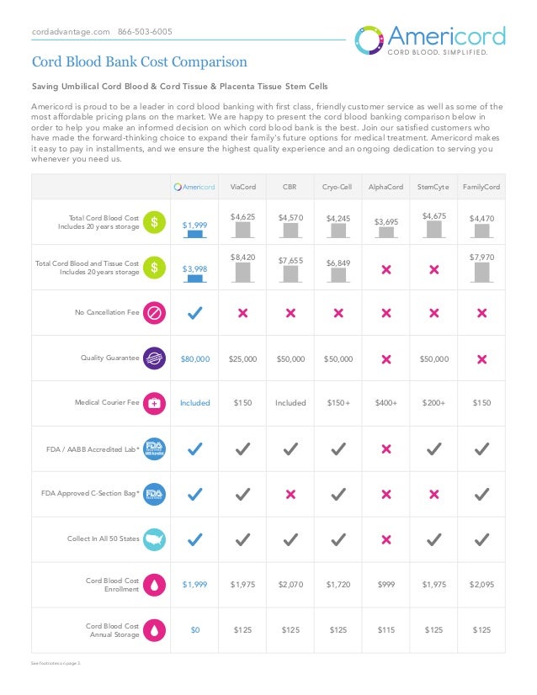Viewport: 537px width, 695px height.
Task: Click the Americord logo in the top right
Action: [430, 40]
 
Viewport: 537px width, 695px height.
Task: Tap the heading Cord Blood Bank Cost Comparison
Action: [139, 62]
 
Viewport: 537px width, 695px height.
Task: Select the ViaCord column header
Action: [242, 186]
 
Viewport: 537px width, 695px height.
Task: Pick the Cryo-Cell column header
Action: [338, 186]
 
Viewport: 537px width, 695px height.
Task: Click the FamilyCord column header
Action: [481, 186]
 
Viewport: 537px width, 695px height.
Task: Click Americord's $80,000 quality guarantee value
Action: [194, 358]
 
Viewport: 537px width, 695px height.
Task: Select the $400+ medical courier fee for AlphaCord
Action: [385, 403]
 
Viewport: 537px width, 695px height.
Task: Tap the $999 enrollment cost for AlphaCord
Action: [385, 585]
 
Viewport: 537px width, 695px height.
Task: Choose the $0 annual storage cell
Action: [194, 629]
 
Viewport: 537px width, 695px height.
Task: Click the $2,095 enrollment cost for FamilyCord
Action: [481, 585]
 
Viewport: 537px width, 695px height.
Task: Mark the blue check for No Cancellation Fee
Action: [194, 313]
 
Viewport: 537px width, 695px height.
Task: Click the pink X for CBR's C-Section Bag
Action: [290, 494]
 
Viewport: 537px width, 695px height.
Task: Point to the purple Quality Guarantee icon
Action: [154, 358]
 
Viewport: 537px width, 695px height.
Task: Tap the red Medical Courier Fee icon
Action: [154, 403]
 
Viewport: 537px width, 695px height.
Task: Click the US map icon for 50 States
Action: [154, 539]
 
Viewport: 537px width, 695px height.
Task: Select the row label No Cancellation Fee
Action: [108, 313]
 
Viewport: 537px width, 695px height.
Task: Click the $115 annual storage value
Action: [385, 629]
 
